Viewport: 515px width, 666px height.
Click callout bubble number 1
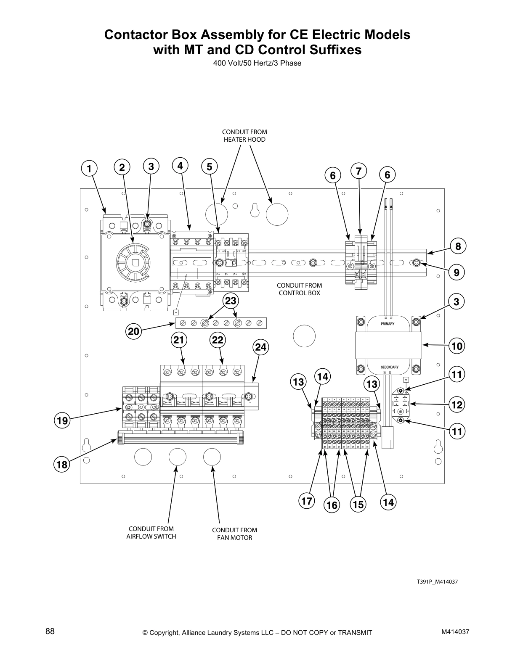[x=88, y=169]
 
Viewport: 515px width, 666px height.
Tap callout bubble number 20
[x=134, y=331]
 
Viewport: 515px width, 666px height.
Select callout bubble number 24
[x=261, y=347]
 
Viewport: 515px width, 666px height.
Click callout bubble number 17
[x=307, y=501]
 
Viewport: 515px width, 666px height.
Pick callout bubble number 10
[x=457, y=346]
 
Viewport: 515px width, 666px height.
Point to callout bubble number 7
[x=358, y=171]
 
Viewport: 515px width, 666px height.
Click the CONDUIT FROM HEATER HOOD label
[x=244, y=136]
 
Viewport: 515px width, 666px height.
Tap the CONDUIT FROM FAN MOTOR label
[x=234, y=534]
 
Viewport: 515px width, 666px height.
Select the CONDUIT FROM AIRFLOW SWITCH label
[x=151, y=532]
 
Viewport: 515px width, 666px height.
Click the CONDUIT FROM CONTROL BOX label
[x=299, y=289]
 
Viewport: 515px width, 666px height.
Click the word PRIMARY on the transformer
[x=388, y=324]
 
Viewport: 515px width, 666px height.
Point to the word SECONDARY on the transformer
[x=390, y=367]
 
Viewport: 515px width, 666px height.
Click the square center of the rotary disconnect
[x=135, y=264]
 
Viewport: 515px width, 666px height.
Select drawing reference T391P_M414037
[x=437, y=582]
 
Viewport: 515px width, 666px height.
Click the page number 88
[x=50, y=631]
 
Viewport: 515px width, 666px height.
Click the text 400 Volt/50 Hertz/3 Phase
[x=257, y=63]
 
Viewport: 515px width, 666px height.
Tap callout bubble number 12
[x=457, y=404]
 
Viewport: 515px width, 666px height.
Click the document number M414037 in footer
[x=455, y=632]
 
